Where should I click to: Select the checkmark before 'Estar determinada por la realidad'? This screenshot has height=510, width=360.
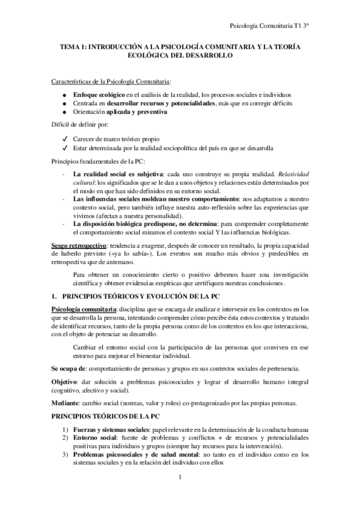pos(64,147)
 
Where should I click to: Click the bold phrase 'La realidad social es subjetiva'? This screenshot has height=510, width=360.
pos(114,173)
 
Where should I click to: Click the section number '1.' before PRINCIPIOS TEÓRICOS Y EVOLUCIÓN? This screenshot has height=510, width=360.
pos(54,296)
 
